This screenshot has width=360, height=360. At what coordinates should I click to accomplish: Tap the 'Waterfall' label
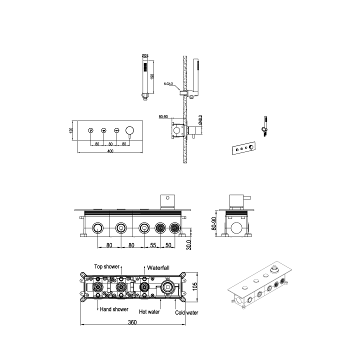point(159,267)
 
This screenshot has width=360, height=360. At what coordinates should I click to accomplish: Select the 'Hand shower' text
point(114,309)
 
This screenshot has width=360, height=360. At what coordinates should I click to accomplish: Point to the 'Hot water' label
point(149,311)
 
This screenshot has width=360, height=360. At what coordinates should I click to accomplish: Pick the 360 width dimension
point(132,322)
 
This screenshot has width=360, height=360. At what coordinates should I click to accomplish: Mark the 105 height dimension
point(195,286)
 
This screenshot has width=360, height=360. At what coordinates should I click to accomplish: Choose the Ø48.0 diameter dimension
point(200,119)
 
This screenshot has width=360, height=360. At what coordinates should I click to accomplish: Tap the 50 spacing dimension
point(168,245)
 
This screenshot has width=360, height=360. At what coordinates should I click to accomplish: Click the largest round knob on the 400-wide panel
point(129,130)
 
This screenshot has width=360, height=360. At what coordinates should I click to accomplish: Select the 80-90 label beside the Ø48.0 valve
point(162,116)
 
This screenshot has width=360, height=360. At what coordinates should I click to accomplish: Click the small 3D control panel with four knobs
point(243,148)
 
